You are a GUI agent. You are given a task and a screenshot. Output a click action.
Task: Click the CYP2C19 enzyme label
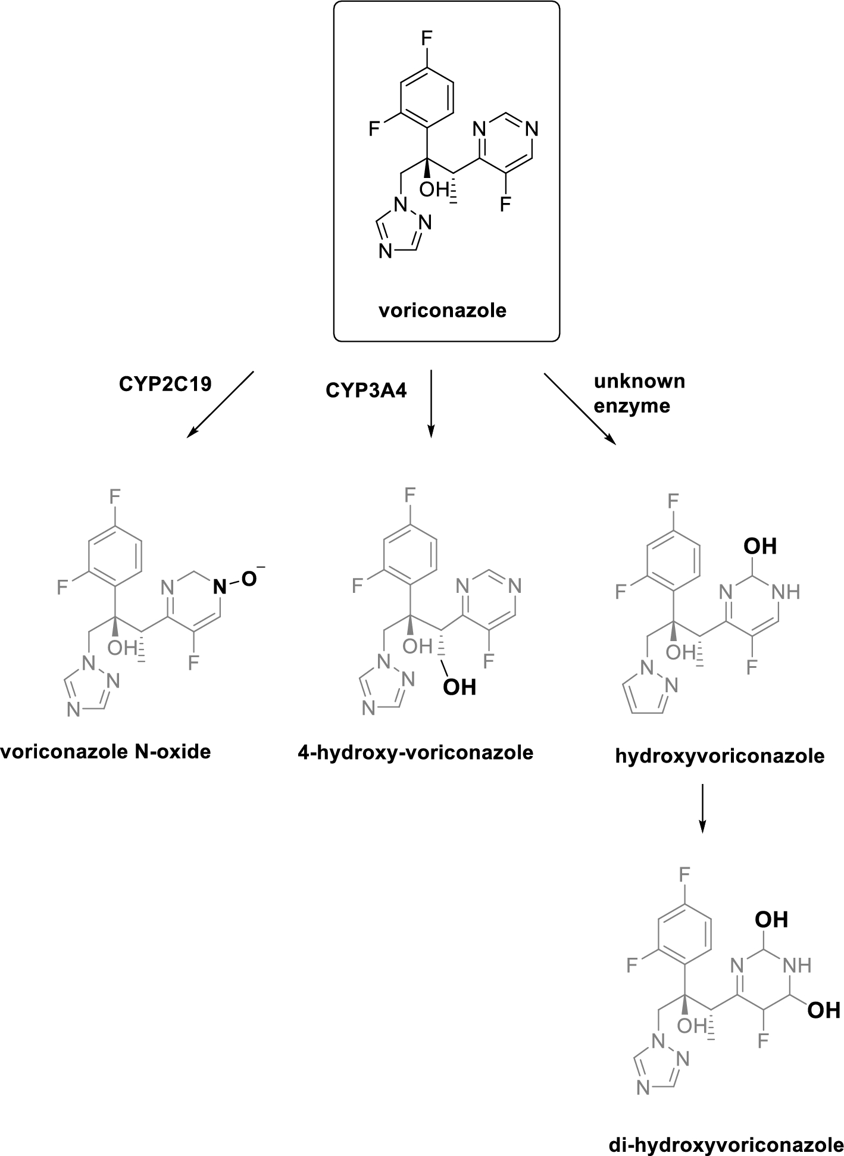(x=165, y=385)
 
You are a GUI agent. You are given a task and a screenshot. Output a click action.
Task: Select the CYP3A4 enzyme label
(x=366, y=391)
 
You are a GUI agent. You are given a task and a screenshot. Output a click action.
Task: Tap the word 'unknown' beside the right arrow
(x=639, y=382)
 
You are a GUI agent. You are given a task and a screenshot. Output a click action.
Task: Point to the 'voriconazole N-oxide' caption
(x=106, y=752)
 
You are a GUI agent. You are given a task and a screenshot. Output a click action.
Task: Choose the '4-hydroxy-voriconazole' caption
(x=415, y=753)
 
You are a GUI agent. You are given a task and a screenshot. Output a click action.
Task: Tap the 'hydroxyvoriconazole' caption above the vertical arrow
(x=720, y=756)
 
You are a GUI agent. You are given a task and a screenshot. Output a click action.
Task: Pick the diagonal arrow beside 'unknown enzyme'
(x=579, y=408)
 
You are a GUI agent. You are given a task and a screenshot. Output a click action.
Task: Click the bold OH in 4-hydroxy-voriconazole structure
(x=459, y=687)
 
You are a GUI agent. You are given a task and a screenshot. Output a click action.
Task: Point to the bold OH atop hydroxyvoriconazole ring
(x=760, y=546)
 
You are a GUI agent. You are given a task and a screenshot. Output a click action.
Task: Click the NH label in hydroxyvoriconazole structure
(x=785, y=592)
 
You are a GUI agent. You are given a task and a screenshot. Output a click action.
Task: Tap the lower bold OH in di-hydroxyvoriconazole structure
(x=824, y=1010)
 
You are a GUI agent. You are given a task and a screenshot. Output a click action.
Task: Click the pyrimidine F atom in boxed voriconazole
(x=505, y=205)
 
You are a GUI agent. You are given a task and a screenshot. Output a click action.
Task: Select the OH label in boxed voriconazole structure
(x=433, y=190)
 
